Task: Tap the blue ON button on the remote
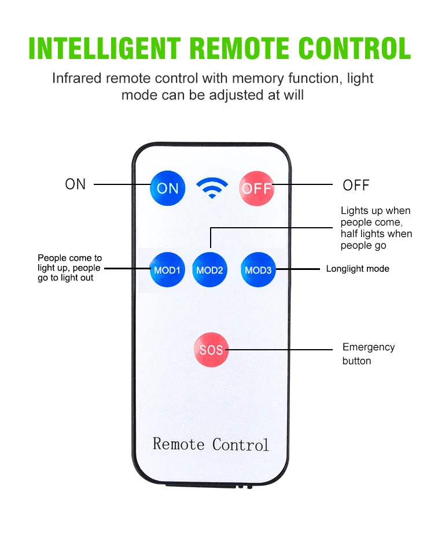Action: [x=167, y=188]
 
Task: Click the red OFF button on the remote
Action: [x=256, y=188]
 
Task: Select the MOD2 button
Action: [x=209, y=270]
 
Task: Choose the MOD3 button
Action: [x=258, y=270]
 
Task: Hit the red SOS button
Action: [x=211, y=350]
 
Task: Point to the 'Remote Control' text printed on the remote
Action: [x=211, y=444]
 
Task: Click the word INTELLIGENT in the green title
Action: [x=105, y=48]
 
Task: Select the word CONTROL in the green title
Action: [x=355, y=48]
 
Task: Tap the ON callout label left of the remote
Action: [x=75, y=184]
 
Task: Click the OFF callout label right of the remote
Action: [x=356, y=186]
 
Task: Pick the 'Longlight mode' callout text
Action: [x=358, y=269]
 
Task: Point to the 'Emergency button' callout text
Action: [x=369, y=354]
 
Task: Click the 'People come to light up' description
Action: [x=69, y=268]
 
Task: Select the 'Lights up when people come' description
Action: [x=376, y=228]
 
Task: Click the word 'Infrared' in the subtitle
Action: [x=77, y=78]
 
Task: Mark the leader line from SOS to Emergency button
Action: [x=279, y=350]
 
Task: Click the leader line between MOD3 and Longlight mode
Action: [x=298, y=269]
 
